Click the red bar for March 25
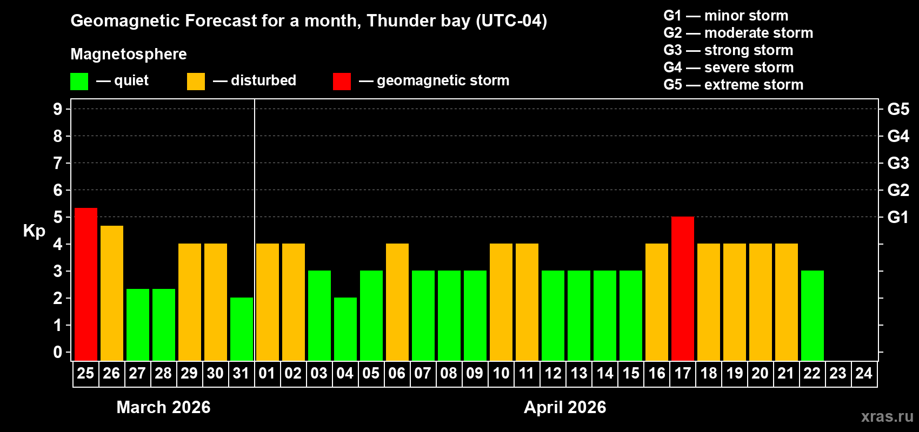[86, 284]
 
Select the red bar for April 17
[683, 288]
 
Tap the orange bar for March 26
[112, 293]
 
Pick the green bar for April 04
[345, 329]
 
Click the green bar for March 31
[242, 329]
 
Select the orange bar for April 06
[397, 302]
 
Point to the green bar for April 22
[813, 315]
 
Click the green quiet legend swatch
[79, 82]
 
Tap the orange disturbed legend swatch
[196, 82]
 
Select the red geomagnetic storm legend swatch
[342, 82]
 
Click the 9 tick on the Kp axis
[58, 109]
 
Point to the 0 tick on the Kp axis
[58, 352]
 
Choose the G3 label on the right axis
[898, 163]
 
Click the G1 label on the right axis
[898, 217]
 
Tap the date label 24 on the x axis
[864, 373]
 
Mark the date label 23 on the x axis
[838, 373]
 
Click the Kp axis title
[34, 231]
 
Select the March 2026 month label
[163, 407]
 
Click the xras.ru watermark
[887, 416]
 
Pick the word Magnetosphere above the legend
[129, 54]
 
